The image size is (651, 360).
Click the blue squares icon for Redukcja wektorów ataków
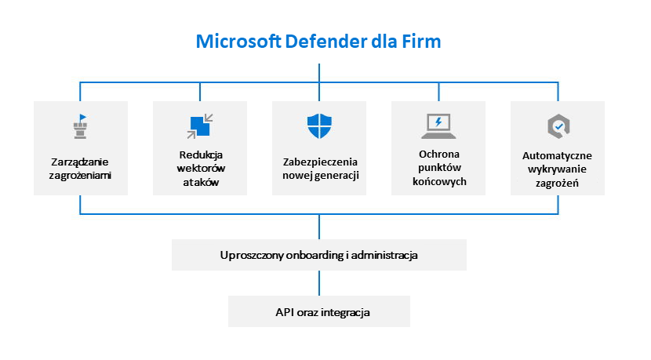(198, 125)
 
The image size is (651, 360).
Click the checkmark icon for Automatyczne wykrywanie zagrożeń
(558, 125)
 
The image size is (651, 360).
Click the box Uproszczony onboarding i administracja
(319, 256)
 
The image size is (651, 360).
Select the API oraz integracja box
(319, 311)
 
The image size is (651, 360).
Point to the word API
(284, 311)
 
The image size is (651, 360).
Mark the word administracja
(384, 256)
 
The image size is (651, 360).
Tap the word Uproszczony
(249, 256)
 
